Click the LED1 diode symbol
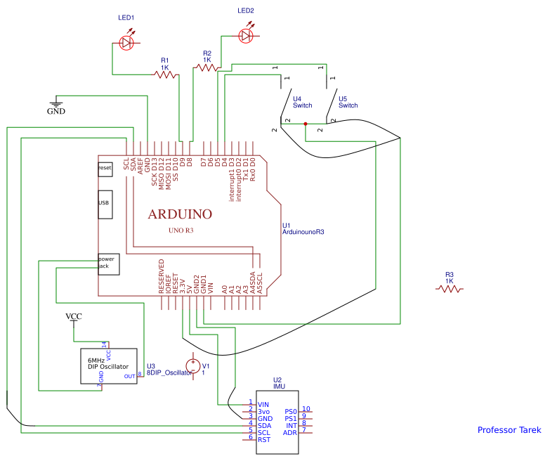(127, 43)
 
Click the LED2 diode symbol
(246, 35)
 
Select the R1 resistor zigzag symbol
(165, 73)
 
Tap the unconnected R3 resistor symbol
(450, 287)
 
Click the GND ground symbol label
(56, 111)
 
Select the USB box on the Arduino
(105, 204)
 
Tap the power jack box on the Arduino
(108, 264)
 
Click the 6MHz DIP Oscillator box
(108, 365)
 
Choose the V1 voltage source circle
(193, 365)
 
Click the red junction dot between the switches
(306, 124)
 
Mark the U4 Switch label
(303, 103)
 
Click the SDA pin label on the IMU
(265, 425)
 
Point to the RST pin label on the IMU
(265, 439)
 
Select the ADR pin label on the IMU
(290, 432)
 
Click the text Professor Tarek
(509, 430)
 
